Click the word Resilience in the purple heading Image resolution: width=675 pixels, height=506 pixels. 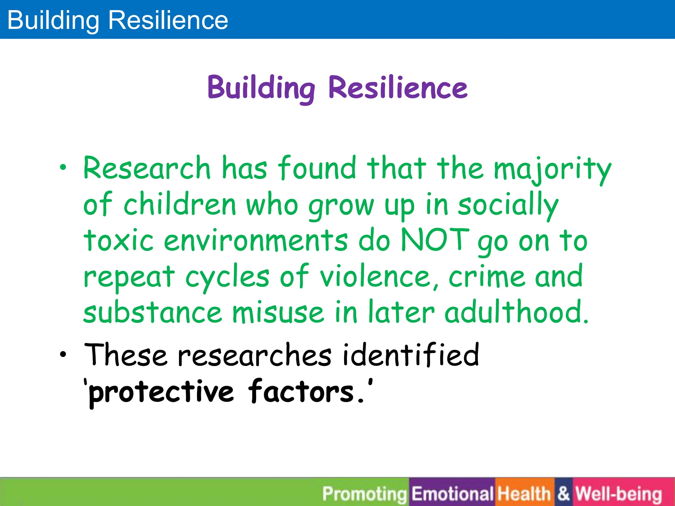tap(398, 88)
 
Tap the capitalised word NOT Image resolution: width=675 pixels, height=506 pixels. tap(435, 240)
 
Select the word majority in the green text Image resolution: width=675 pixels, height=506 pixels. tap(552, 169)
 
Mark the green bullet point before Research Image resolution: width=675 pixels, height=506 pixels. tap(63, 168)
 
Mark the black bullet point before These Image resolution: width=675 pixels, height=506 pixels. tap(63, 355)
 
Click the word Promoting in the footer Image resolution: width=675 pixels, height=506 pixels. tap(365, 494)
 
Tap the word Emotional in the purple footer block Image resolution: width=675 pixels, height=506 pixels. tap(452, 494)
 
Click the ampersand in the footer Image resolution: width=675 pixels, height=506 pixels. tap(564, 494)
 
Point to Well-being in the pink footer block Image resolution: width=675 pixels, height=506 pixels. tap(619, 494)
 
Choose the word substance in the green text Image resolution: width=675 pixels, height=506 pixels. tap(152, 312)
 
